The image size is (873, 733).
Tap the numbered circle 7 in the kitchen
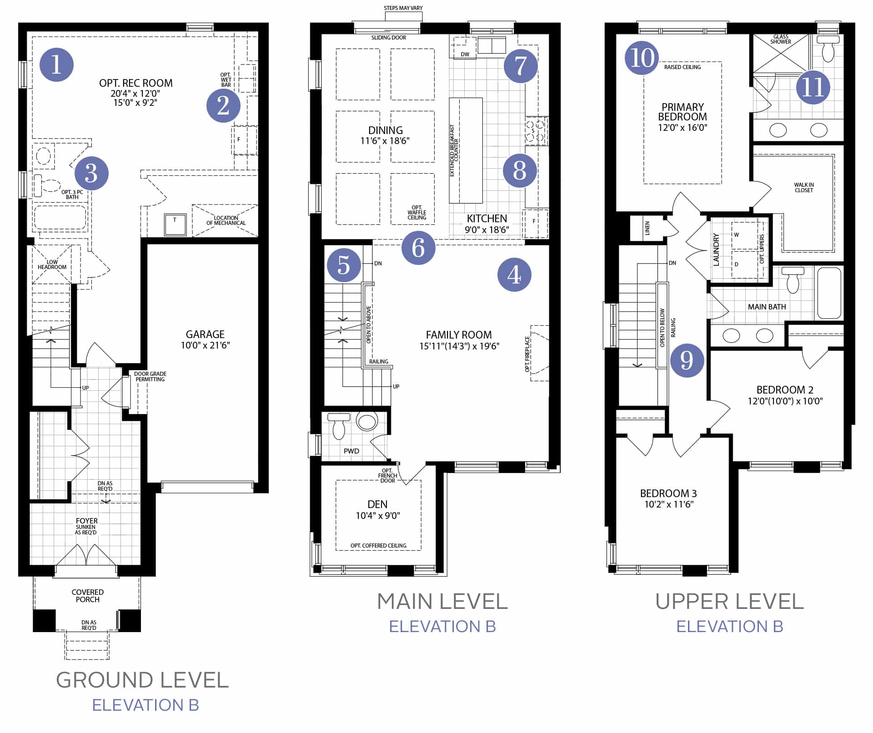coord(521,66)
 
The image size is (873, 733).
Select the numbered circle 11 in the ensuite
coord(813,87)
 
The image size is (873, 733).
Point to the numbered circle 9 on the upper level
coord(687,360)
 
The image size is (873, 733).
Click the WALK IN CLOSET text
coord(804,187)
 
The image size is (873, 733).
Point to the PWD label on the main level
coord(351,451)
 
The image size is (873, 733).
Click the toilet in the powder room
coord(339,426)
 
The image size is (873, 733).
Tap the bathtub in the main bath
coord(829,293)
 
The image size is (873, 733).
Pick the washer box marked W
coord(744,235)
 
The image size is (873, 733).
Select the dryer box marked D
coord(744,264)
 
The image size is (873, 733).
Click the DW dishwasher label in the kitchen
coord(465,54)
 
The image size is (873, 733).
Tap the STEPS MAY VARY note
coord(403,8)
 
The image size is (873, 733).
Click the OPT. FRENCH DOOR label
coord(387,475)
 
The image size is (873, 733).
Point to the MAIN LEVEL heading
coord(442,601)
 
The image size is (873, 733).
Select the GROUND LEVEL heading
coord(142,680)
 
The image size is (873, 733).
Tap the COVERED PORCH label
coord(88,596)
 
